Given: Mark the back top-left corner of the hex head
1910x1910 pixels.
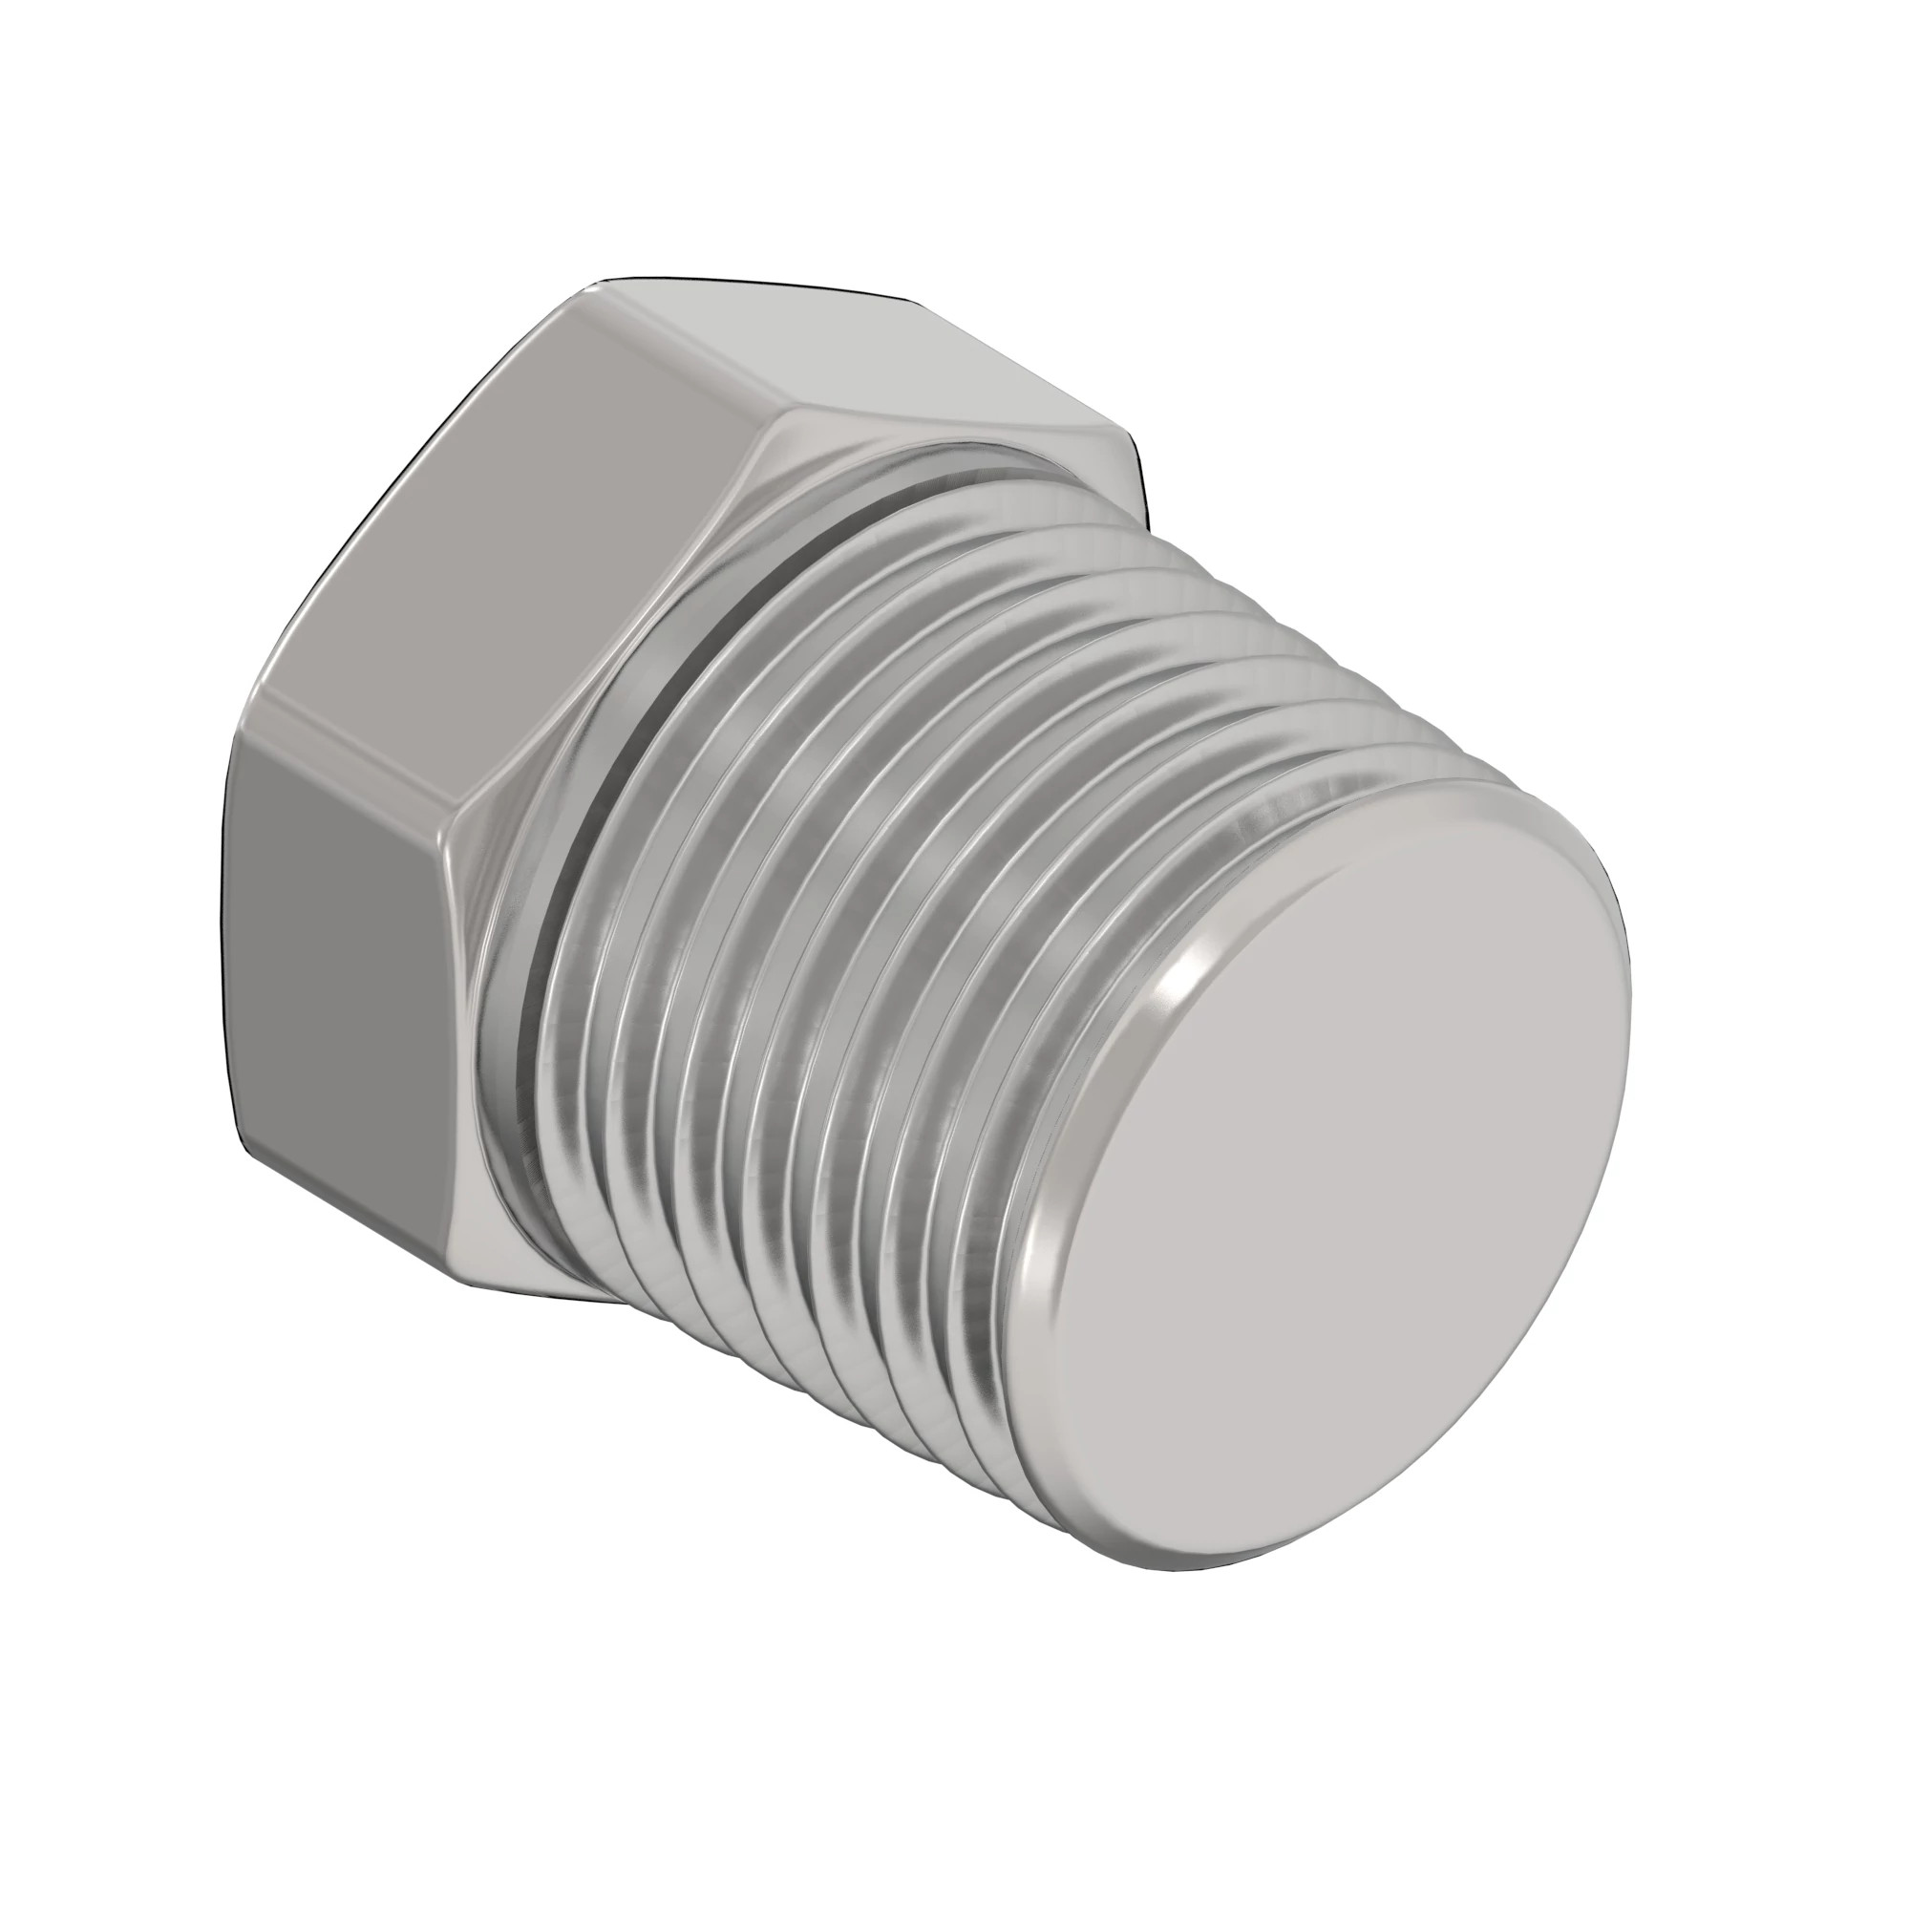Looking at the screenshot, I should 593,286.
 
